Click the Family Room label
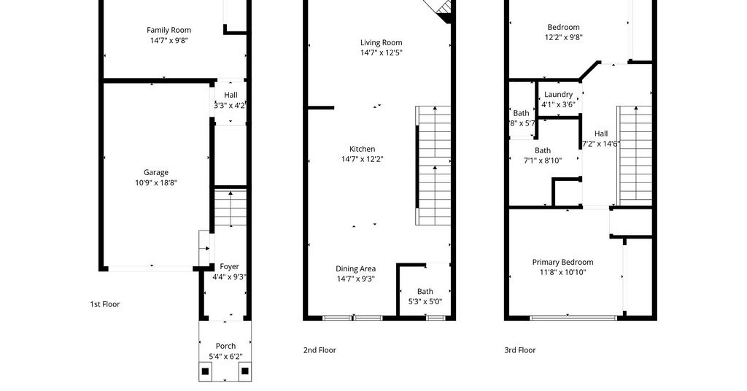(169, 30)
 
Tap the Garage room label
(156, 172)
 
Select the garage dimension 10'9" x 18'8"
(156, 183)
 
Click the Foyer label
(229, 267)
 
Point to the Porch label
(225, 347)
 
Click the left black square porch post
(205, 371)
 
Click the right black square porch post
(245, 371)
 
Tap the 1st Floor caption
(105, 304)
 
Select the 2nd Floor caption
(320, 350)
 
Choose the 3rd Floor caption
(519, 350)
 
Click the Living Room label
(381, 43)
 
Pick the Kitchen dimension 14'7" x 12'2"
(362, 160)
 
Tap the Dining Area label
(355, 269)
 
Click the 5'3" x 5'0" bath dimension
(425, 301)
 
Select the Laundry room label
(558, 95)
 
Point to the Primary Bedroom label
(562, 263)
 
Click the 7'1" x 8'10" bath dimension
(543, 161)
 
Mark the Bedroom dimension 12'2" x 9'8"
(564, 38)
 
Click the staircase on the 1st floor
(231, 208)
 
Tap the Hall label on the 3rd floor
(601, 133)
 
